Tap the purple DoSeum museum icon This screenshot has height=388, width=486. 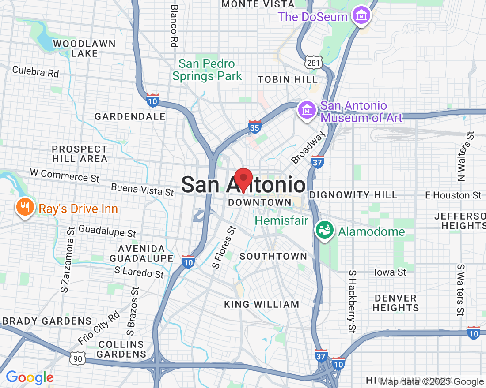(x=361, y=15)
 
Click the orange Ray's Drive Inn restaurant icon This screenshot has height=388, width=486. (x=25, y=207)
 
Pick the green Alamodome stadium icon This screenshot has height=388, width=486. (x=325, y=231)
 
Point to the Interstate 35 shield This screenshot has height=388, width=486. (x=254, y=127)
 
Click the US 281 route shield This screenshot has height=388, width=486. (x=312, y=62)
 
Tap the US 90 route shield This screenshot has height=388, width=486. (x=78, y=358)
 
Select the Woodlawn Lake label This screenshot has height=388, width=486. (x=84, y=48)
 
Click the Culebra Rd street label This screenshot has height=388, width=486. (x=35, y=71)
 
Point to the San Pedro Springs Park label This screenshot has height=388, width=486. (x=207, y=70)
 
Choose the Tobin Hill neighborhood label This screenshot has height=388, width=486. (x=288, y=80)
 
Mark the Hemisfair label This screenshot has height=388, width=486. (x=281, y=220)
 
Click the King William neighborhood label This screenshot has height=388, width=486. (x=262, y=304)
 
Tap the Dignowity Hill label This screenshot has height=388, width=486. (x=353, y=195)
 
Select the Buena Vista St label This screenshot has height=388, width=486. (x=142, y=190)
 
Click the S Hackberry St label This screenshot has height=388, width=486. (x=352, y=301)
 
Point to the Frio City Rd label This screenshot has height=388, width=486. (x=99, y=328)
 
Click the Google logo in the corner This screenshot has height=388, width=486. (x=30, y=377)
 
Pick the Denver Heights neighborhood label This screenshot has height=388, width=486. (x=395, y=303)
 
